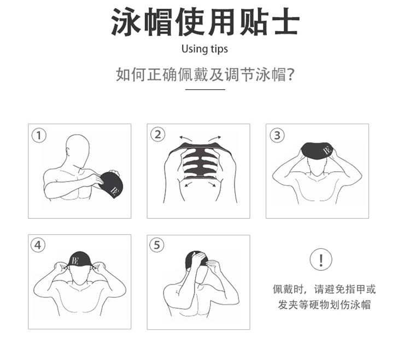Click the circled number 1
pos(39,135)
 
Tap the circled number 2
pos(157,135)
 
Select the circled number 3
pos(277,135)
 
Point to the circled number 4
pos(38,245)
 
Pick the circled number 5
pos(157,245)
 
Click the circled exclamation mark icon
pos(321,259)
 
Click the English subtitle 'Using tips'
pos(205,49)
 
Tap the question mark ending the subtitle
pos(290,75)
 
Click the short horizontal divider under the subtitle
pos(205,90)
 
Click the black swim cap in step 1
pos(110,184)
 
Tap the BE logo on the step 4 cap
pos(75,260)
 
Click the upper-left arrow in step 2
pos(186,138)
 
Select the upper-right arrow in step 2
pos(215,138)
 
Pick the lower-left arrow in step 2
pos(190,184)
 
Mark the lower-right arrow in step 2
pos(212,184)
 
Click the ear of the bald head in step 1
pos(68,153)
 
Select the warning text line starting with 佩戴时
pos(324,289)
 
